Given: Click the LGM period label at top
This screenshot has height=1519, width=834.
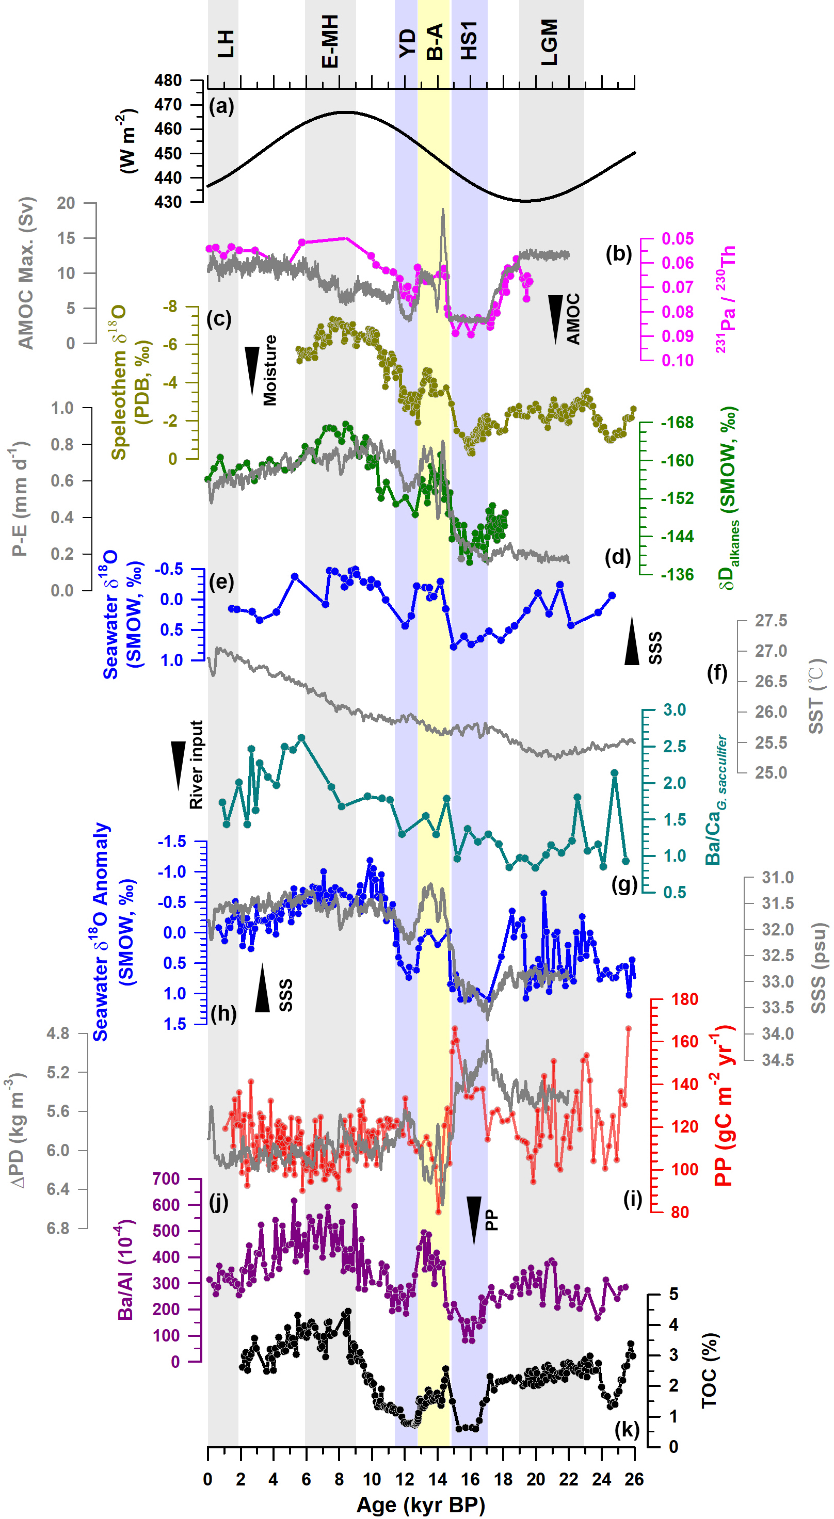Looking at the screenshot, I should point(549,42).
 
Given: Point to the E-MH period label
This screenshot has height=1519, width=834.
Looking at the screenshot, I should point(330,41).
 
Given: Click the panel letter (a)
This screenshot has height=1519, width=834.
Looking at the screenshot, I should point(221,107).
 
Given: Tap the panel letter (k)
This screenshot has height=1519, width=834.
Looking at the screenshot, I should point(627,1429).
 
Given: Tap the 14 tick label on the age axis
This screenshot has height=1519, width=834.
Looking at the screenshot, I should point(437,1479).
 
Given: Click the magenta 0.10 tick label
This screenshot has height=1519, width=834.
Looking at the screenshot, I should point(677,360).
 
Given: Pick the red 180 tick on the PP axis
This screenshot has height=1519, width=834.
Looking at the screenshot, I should point(684,999).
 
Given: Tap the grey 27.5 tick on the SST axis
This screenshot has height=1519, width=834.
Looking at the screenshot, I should point(771,621).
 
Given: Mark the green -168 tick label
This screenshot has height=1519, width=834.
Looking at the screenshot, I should point(677,423).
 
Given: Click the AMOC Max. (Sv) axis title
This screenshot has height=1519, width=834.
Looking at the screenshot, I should point(26,273).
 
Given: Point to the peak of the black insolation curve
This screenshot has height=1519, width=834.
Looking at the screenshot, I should point(346,112).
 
